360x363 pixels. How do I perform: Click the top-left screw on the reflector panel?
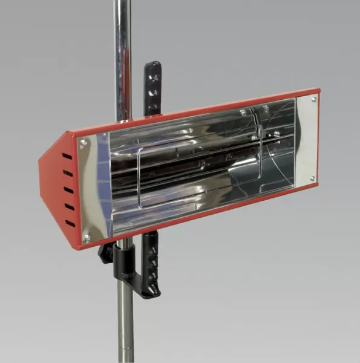(83, 143)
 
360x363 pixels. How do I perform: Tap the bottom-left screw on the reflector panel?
(87, 237)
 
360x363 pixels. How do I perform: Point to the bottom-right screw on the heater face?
(312, 178)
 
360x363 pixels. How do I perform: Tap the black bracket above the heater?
(152, 88)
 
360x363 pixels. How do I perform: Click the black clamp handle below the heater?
(149, 266)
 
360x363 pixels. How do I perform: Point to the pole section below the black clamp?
(125, 327)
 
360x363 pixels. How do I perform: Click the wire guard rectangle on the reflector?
(200, 169)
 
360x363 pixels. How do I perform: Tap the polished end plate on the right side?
(306, 140)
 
